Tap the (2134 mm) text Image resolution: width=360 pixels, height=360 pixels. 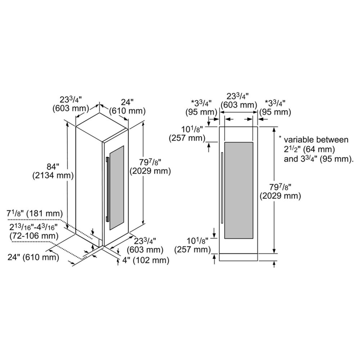(53, 176)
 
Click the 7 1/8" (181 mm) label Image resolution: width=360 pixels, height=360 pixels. (35, 213)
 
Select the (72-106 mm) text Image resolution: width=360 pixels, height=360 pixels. (34, 236)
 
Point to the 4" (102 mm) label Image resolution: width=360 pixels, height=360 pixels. (146, 260)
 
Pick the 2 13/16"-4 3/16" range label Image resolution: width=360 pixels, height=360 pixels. (33, 227)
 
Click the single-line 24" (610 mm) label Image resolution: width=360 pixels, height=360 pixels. (33, 257)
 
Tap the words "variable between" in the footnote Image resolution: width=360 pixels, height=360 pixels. (316, 140)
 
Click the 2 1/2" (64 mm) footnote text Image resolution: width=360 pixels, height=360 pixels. (309, 149)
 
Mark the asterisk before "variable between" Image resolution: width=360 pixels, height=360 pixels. (280, 137)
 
